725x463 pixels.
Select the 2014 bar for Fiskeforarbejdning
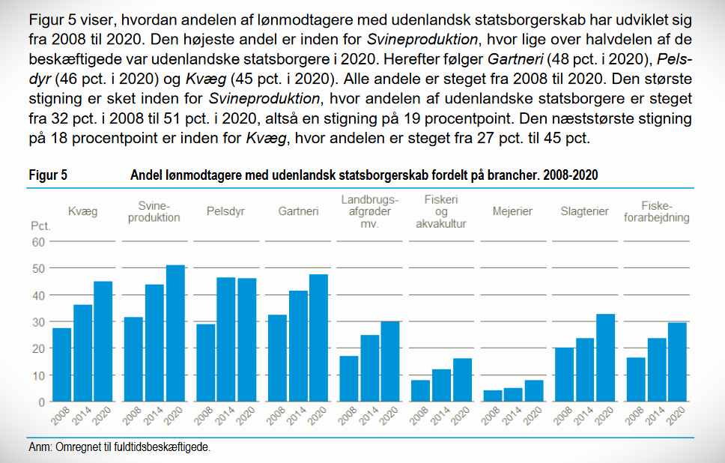pos(657,370)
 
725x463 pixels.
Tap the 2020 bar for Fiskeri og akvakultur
pos(462,380)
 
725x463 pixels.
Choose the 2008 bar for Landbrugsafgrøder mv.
pos(349,378)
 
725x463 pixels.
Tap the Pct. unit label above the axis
pos(40,226)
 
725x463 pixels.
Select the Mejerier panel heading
pos(512,211)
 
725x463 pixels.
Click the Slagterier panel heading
pos(584,211)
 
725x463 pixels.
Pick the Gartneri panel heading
pos(298,211)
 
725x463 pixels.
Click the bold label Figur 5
pos(48,175)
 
